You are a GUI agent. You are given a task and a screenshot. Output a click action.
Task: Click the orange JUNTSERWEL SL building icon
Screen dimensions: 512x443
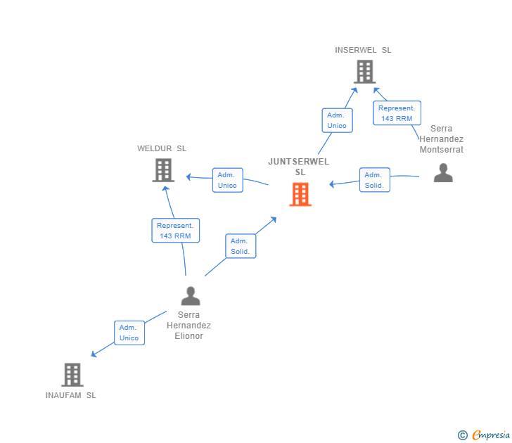click(x=300, y=195)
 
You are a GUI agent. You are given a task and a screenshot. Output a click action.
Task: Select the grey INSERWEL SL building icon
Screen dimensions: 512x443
click(x=364, y=72)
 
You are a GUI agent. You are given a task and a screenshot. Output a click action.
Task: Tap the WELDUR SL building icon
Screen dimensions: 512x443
click(x=163, y=170)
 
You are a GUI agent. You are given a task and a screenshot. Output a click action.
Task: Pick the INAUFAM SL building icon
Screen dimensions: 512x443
click(x=72, y=375)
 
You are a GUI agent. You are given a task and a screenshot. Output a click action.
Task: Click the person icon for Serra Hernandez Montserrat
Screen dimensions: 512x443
click(x=443, y=173)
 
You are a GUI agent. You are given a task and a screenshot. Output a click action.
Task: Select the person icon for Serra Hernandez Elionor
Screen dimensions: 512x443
click(x=190, y=296)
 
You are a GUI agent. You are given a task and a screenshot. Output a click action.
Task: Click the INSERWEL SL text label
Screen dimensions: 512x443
click(x=363, y=50)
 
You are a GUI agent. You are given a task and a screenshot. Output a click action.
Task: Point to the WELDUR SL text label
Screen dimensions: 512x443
click(x=162, y=148)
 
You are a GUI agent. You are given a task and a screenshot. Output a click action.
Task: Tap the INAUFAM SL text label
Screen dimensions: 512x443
click(x=71, y=395)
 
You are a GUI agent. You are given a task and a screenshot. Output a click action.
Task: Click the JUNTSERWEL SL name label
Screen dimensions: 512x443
click(x=299, y=167)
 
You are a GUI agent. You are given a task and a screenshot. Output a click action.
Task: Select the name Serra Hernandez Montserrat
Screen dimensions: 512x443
click(x=442, y=139)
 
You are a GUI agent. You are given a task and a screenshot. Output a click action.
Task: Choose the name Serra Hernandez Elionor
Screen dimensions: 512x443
click(x=188, y=326)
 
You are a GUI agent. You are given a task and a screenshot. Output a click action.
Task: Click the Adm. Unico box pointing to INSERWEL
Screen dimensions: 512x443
click(x=337, y=120)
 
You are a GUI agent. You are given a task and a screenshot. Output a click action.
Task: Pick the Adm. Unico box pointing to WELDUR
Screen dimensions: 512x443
click(x=227, y=180)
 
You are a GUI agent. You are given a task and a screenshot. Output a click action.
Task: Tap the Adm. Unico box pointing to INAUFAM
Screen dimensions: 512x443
click(x=129, y=333)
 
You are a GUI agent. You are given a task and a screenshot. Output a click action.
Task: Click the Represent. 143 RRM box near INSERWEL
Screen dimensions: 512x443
click(x=397, y=113)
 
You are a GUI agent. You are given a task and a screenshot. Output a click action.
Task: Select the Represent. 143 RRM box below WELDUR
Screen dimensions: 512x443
click(x=175, y=231)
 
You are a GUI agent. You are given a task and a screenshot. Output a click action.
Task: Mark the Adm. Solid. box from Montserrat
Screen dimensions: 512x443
click(x=374, y=180)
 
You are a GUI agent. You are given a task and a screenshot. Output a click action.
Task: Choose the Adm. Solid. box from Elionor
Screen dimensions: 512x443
click(x=241, y=246)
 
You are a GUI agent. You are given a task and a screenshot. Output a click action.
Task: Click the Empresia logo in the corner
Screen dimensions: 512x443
click(x=485, y=435)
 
